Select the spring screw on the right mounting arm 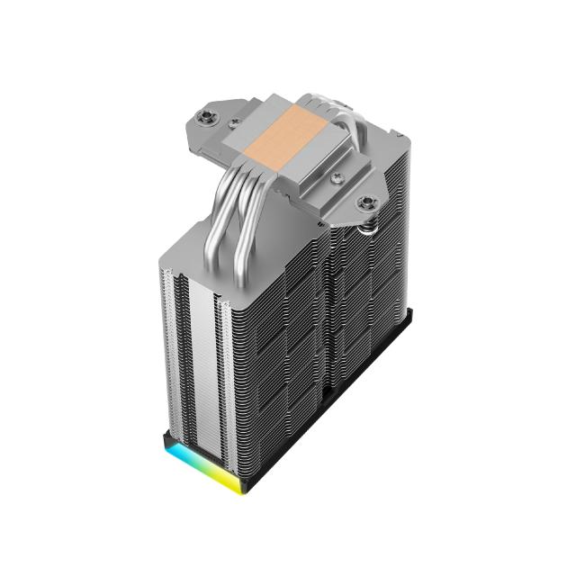366,203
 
